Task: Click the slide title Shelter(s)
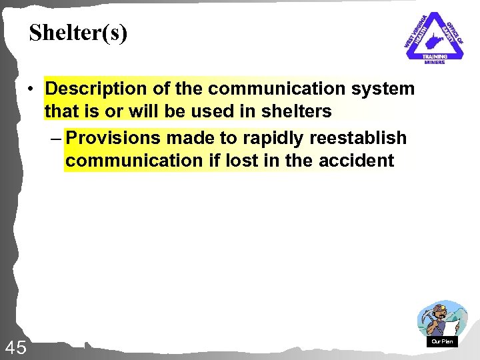click(x=78, y=33)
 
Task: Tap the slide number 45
click(x=15, y=347)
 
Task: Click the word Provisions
click(x=113, y=138)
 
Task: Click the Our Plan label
click(x=442, y=341)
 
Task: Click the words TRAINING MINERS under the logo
click(x=434, y=59)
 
